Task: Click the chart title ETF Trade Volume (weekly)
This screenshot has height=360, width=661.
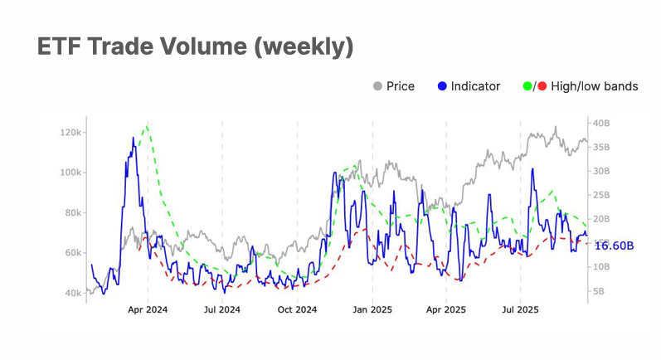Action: (196, 47)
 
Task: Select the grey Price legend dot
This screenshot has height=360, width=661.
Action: (378, 86)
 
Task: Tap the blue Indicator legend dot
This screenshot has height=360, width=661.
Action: (443, 86)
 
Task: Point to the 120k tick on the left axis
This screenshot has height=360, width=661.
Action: (70, 133)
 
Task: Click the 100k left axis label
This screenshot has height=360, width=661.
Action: (70, 173)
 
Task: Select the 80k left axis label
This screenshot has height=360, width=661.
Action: (73, 212)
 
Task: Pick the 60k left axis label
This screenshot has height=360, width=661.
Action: (73, 253)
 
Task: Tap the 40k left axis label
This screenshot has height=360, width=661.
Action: (73, 293)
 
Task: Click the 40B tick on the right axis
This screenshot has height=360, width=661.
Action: (602, 124)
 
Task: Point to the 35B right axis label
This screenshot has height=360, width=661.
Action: (602, 148)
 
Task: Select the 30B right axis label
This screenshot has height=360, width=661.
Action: (602, 172)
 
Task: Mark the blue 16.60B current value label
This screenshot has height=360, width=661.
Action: (615, 246)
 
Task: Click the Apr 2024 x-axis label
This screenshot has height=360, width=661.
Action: (148, 310)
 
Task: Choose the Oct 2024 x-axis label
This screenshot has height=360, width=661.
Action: (297, 310)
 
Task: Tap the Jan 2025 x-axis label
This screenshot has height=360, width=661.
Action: (372, 310)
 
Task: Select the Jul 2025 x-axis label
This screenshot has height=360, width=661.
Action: (520, 310)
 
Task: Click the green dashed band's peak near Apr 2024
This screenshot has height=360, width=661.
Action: (147, 126)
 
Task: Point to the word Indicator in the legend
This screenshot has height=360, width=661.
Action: (475, 86)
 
